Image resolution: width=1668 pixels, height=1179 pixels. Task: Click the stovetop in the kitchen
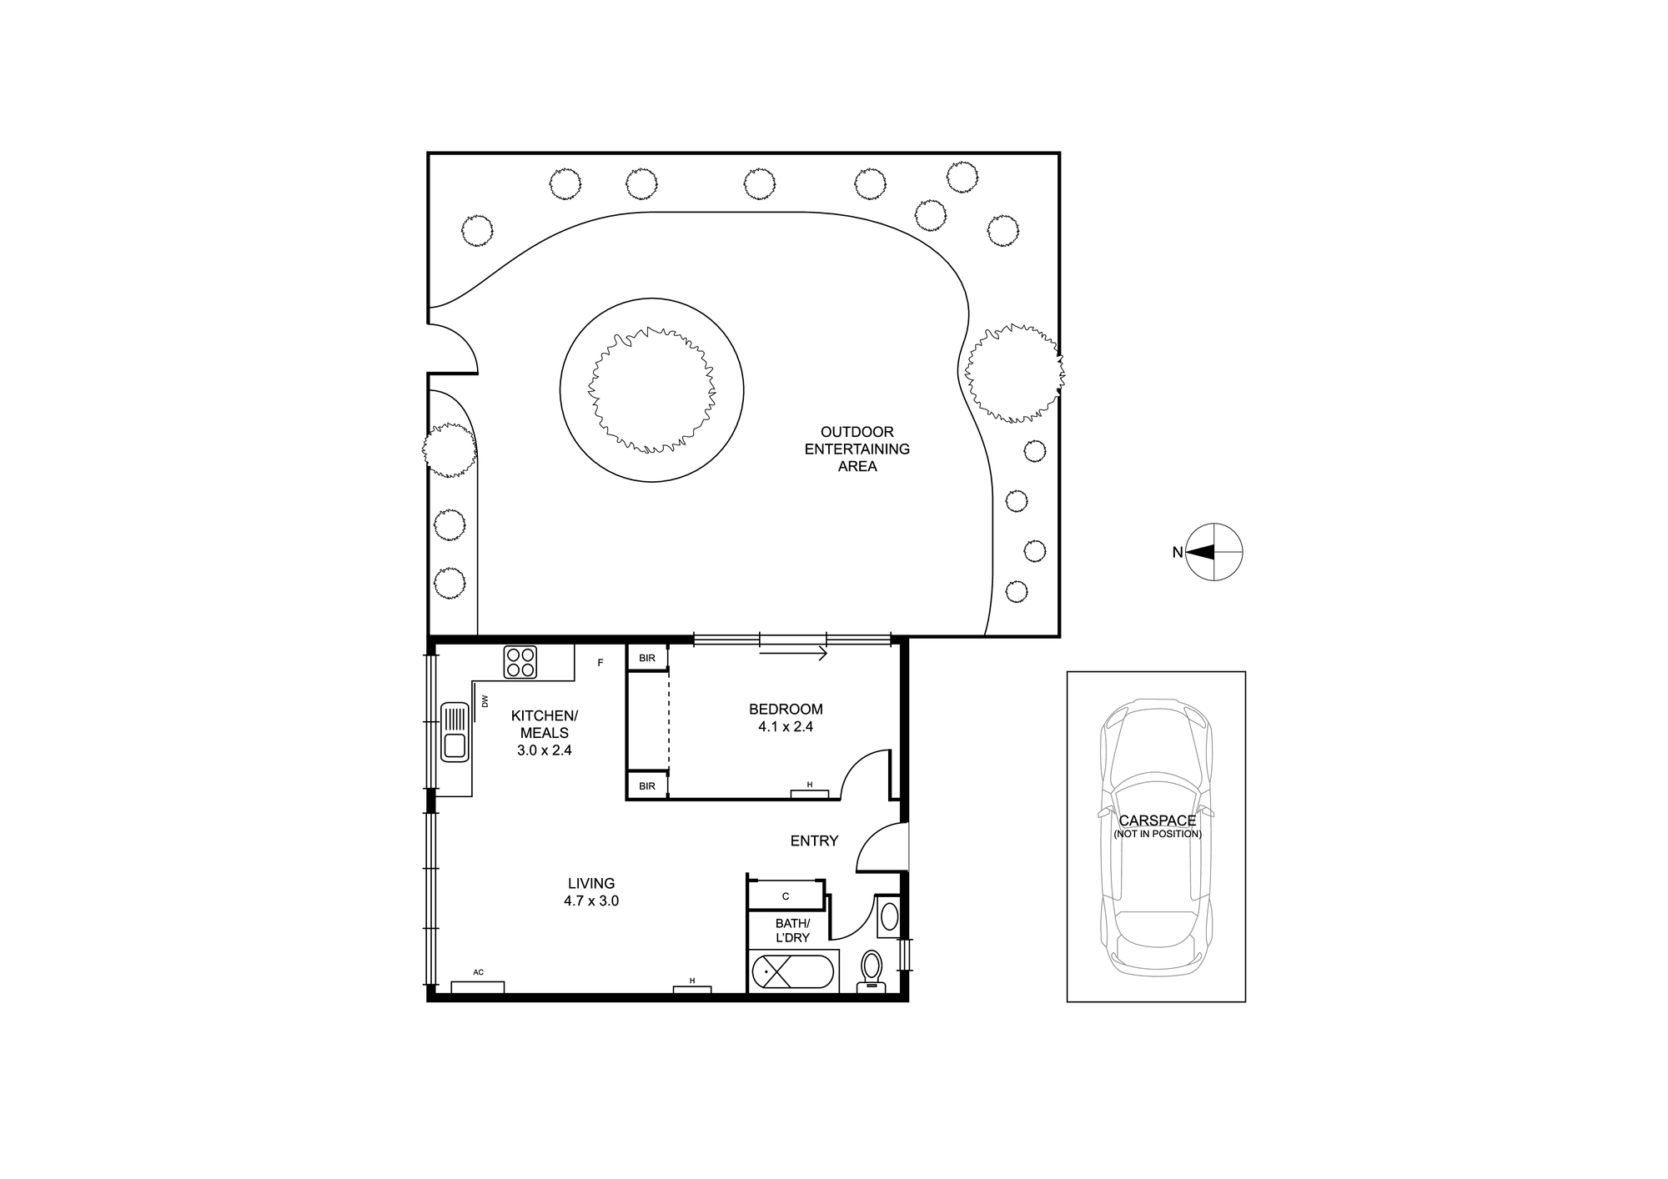point(520,662)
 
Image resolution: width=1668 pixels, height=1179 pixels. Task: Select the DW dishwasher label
point(485,701)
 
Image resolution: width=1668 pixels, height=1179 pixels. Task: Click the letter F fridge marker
point(600,663)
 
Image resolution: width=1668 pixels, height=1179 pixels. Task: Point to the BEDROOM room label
point(786,710)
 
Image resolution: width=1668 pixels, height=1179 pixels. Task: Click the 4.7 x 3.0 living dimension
point(591,901)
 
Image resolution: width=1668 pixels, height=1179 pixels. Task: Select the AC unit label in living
point(478,972)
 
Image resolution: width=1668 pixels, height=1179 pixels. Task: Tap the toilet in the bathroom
point(872,971)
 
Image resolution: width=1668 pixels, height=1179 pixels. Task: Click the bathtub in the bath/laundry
point(792,972)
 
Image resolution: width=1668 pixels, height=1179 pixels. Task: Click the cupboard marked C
point(786,896)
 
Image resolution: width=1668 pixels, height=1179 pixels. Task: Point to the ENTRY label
point(814,841)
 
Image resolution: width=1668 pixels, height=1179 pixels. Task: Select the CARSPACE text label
point(1158,820)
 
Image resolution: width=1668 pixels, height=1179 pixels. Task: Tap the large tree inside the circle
point(651,390)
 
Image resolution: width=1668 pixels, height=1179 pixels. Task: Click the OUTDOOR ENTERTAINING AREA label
point(857,449)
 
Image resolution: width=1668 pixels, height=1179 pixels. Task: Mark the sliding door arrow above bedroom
point(793,654)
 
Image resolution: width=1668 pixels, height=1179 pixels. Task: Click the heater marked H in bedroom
point(810,793)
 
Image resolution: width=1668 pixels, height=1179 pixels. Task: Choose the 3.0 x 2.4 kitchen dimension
point(545,750)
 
